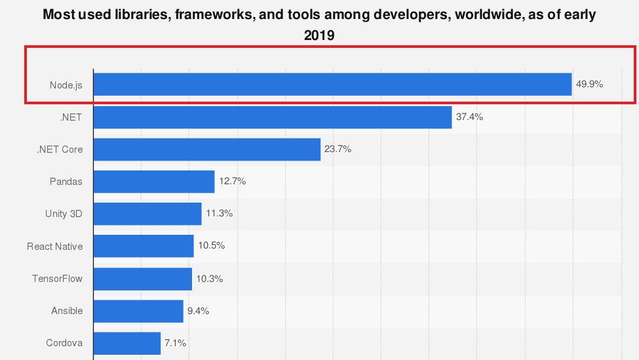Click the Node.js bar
coord(332,85)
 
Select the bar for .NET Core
coord(207,150)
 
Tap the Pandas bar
coord(154,182)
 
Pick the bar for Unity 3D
coord(147,214)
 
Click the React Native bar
coord(144,246)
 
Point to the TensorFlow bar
coord(143,279)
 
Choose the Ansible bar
coord(138,311)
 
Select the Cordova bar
coord(127,343)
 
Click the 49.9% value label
coord(589,85)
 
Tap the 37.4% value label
coord(469,117)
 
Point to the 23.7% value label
coord(338,150)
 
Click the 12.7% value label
coord(232,182)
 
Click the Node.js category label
coord(66,85)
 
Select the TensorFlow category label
coord(58,279)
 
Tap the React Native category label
coord(55,247)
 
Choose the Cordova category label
coord(64,343)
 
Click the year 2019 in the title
coord(319,35)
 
